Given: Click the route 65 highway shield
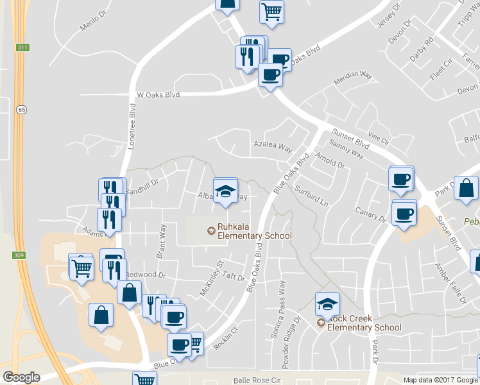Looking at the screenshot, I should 22,110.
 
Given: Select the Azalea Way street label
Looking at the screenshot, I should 273,146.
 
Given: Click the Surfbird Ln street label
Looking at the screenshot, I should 311,197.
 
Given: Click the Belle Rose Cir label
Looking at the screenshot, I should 258,380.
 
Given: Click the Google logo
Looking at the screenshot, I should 21,377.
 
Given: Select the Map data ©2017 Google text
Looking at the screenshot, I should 441,380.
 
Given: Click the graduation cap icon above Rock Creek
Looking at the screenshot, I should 327,304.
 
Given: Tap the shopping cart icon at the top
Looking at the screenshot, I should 271,12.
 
